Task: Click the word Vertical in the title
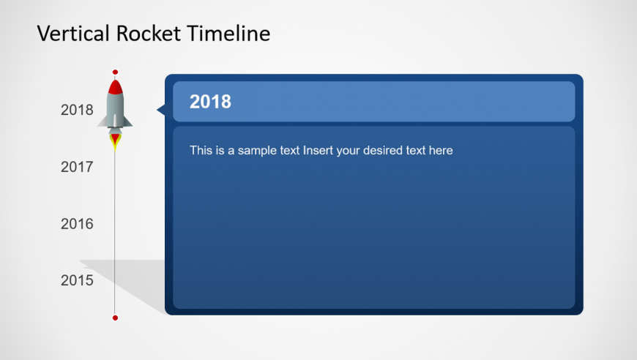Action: [x=73, y=33]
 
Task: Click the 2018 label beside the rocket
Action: [x=77, y=110]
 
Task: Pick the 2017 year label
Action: [x=77, y=167]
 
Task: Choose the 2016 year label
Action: [x=77, y=224]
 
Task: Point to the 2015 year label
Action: [x=77, y=280]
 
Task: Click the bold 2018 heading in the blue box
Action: [x=210, y=102]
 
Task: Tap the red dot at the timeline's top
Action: [x=115, y=72]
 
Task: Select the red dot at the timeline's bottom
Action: [x=115, y=318]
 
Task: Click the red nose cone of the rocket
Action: [x=116, y=88]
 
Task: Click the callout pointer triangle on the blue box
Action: [x=161, y=110]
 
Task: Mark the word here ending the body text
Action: [x=441, y=151]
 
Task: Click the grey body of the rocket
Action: [x=115, y=110]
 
